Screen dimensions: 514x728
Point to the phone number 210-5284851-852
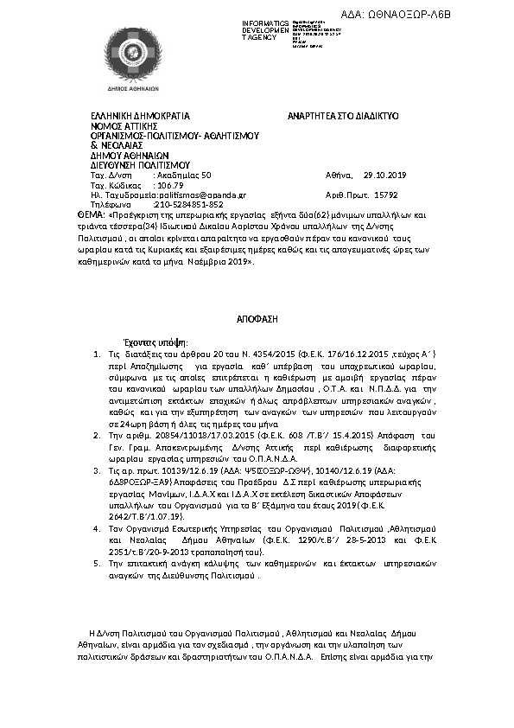click(x=181, y=205)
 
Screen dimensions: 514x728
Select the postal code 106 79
click(x=168, y=185)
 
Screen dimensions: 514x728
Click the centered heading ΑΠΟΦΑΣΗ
click(x=257, y=319)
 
